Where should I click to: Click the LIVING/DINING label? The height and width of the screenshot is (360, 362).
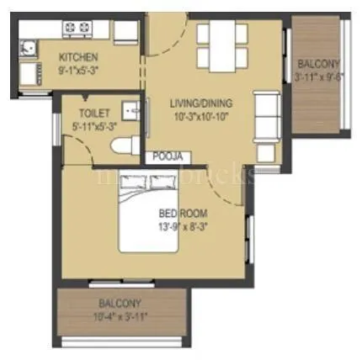point(200,103)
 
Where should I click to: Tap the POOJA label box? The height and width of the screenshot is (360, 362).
point(168,156)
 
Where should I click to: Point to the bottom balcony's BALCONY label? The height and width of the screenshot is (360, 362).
point(120,303)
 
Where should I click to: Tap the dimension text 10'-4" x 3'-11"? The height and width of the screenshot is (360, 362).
point(120,315)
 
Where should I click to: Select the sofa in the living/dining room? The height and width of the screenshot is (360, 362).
point(268,110)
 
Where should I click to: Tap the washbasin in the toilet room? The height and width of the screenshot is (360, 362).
point(130,111)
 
